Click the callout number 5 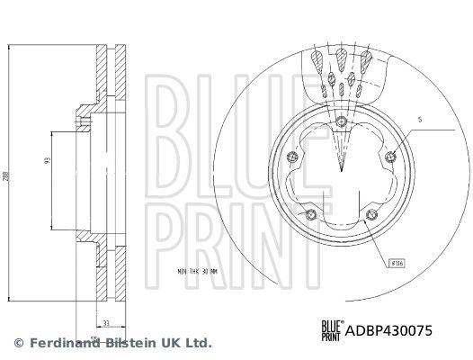point(419,120)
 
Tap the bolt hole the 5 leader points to point(389,158)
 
